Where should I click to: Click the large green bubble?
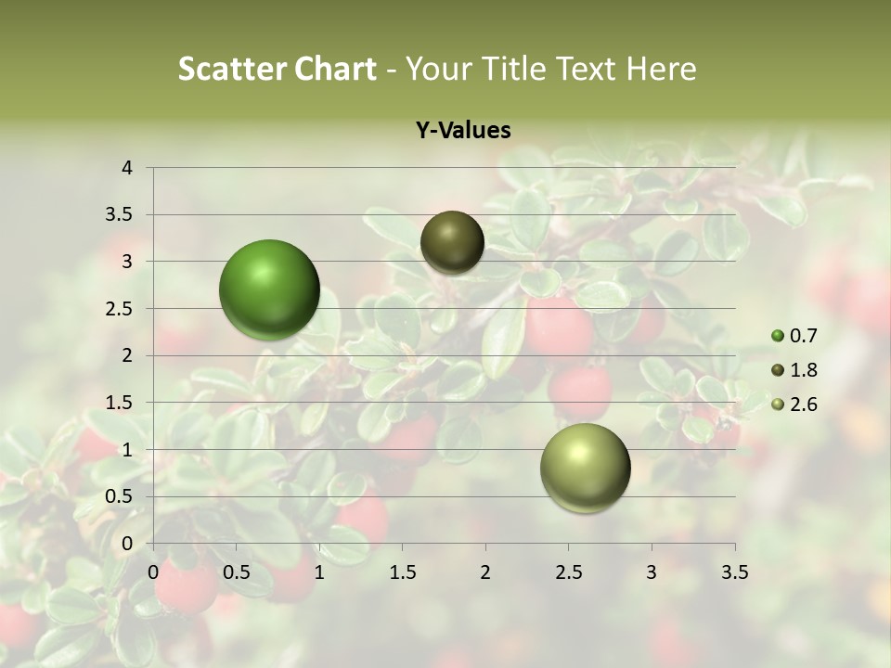pos(270,289)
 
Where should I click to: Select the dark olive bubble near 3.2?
pos(452,242)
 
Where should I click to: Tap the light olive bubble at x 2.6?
pos(585,468)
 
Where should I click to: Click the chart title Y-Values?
pos(463,131)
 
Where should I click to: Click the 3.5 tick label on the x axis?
pos(734,572)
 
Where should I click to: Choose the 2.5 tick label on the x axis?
pos(568,572)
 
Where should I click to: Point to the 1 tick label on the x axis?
pos(319,572)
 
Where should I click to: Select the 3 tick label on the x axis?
pos(652,572)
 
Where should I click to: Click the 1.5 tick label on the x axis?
pos(402,572)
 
